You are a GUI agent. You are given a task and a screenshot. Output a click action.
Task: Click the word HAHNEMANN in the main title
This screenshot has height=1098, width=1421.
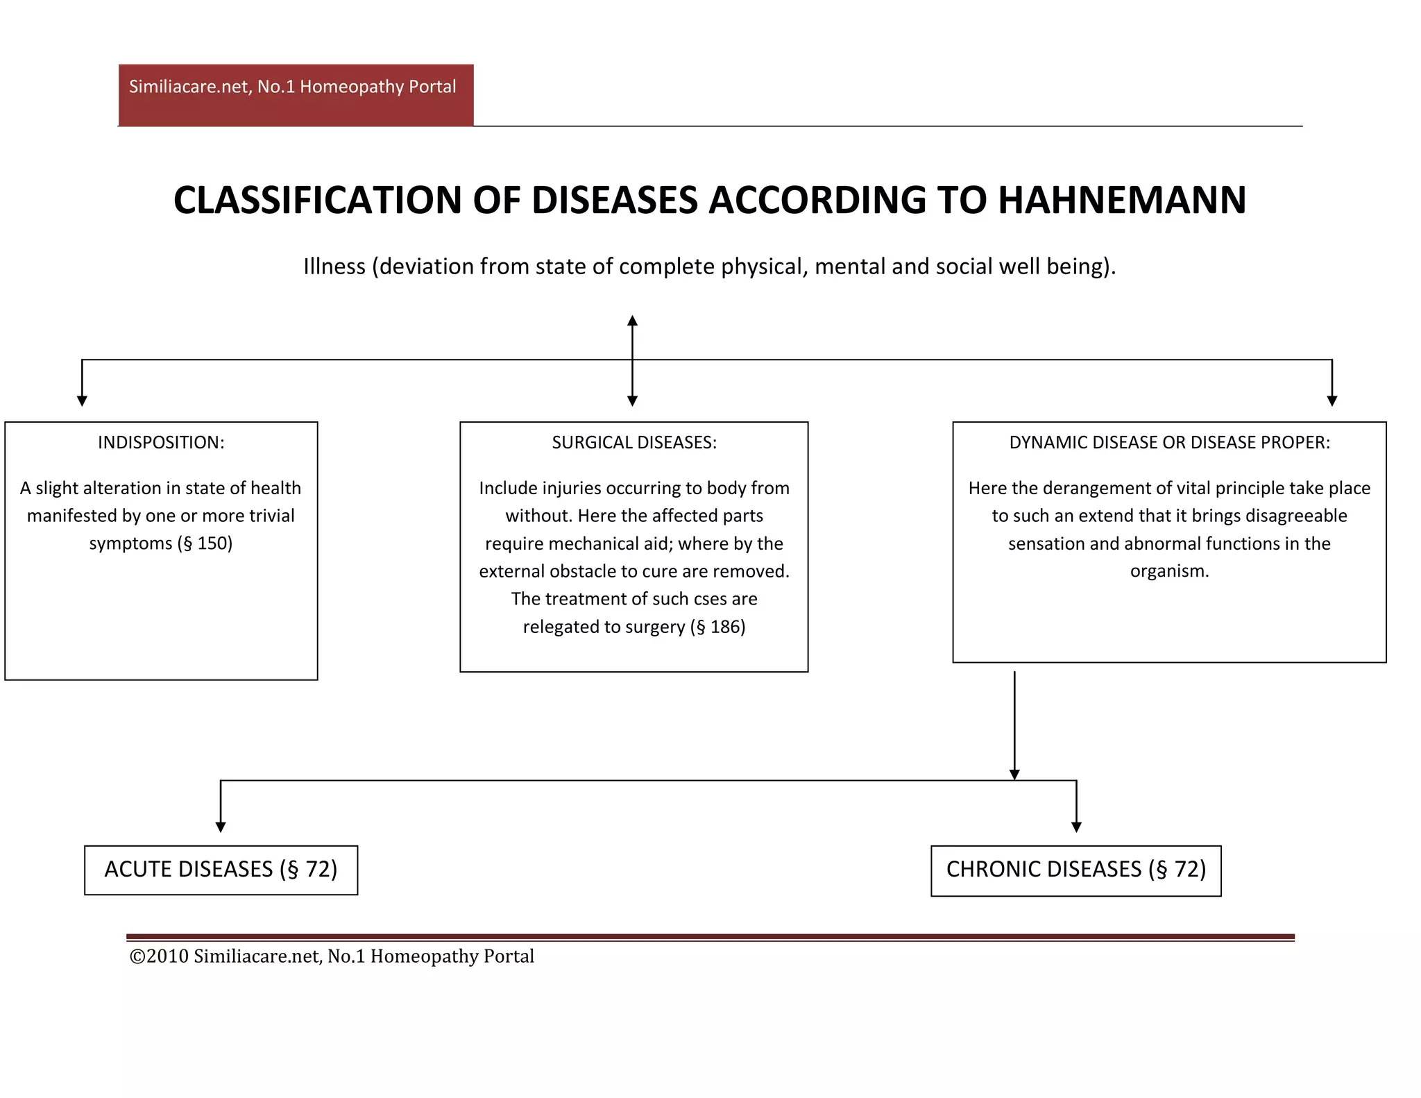[x=1122, y=201]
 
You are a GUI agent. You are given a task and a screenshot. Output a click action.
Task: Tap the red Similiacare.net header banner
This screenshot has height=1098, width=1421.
[x=296, y=94]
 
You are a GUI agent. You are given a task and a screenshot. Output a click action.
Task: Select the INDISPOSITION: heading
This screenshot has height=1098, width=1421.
[x=161, y=443]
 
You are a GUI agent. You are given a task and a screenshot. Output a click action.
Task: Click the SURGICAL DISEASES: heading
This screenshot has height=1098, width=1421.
[x=634, y=443]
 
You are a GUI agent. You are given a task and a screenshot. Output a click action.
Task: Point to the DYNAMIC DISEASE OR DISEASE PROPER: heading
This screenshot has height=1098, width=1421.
[x=1170, y=443]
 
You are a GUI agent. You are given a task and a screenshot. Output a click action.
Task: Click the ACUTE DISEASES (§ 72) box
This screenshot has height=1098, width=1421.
[x=221, y=870]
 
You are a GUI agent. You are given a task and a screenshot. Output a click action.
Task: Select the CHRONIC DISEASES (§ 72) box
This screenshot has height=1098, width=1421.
[x=1076, y=870]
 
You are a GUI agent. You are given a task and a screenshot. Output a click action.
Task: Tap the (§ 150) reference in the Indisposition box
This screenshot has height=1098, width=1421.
[x=205, y=543]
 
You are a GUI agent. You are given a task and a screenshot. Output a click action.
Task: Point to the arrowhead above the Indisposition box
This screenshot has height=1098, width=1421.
[x=82, y=400]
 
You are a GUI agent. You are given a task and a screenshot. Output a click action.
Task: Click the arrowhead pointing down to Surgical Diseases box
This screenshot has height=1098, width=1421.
[x=632, y=400]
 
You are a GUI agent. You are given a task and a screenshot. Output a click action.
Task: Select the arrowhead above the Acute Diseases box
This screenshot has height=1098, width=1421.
[x=221, y=827]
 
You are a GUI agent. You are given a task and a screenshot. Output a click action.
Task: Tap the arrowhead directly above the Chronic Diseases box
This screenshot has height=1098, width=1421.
[x=1076, y=827]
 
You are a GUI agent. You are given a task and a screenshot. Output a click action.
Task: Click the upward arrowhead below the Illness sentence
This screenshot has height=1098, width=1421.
[x=632, y=321]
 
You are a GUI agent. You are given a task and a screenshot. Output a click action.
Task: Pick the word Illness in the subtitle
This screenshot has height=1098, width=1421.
[x=334, y=267]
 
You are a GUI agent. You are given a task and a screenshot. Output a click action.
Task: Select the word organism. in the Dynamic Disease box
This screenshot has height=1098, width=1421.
[x=1169, y=571]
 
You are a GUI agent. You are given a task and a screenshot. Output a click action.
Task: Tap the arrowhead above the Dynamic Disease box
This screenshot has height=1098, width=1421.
[x=1331, y=400]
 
